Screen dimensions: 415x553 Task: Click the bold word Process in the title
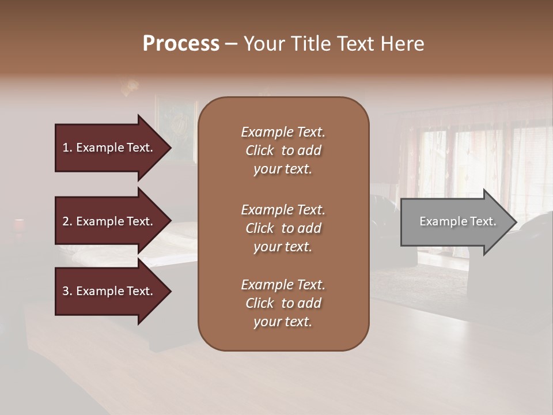[x=181, y=44]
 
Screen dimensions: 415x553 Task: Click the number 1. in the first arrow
[x=67, y=148]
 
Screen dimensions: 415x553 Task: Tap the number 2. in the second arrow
[x=67, y=221]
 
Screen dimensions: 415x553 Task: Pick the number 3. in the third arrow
[x=67, y=291]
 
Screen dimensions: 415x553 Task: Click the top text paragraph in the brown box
[x=283, y=150]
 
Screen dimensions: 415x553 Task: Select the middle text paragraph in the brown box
[x=283, y=228]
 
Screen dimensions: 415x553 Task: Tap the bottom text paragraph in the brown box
[x=283, y=303]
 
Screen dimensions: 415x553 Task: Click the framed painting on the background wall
[x=176, y=130]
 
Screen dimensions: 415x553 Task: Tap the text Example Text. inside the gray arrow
[x=458, y=221]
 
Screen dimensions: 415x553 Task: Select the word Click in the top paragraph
[x=259, y=150]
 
